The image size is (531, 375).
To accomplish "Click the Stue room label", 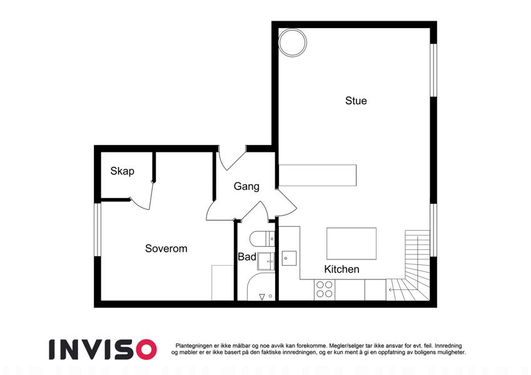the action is coord(356,101).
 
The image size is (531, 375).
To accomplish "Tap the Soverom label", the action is coord(166,248).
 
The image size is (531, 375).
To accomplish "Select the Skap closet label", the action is coord(122,171).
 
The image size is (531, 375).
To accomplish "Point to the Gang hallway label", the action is coord(246,186).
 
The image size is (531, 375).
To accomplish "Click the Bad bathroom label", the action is coord(247,257).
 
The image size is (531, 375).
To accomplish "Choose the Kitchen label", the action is coord(341,269).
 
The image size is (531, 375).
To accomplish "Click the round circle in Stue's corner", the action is coord(293,42).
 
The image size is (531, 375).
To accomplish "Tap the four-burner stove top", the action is coord(325,290).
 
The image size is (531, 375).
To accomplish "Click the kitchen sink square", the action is coord(289,258).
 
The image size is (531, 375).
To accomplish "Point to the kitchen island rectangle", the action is coord(351,244).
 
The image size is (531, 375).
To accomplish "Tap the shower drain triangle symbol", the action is coord(262,297).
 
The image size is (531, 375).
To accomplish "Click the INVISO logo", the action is coord(103,349).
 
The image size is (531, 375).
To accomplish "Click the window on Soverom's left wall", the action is coord(98,229).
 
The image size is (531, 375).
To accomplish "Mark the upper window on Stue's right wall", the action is coord(433,71).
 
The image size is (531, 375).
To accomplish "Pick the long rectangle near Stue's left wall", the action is coord(317,176).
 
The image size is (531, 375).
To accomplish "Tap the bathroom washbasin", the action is coord(266,261).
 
